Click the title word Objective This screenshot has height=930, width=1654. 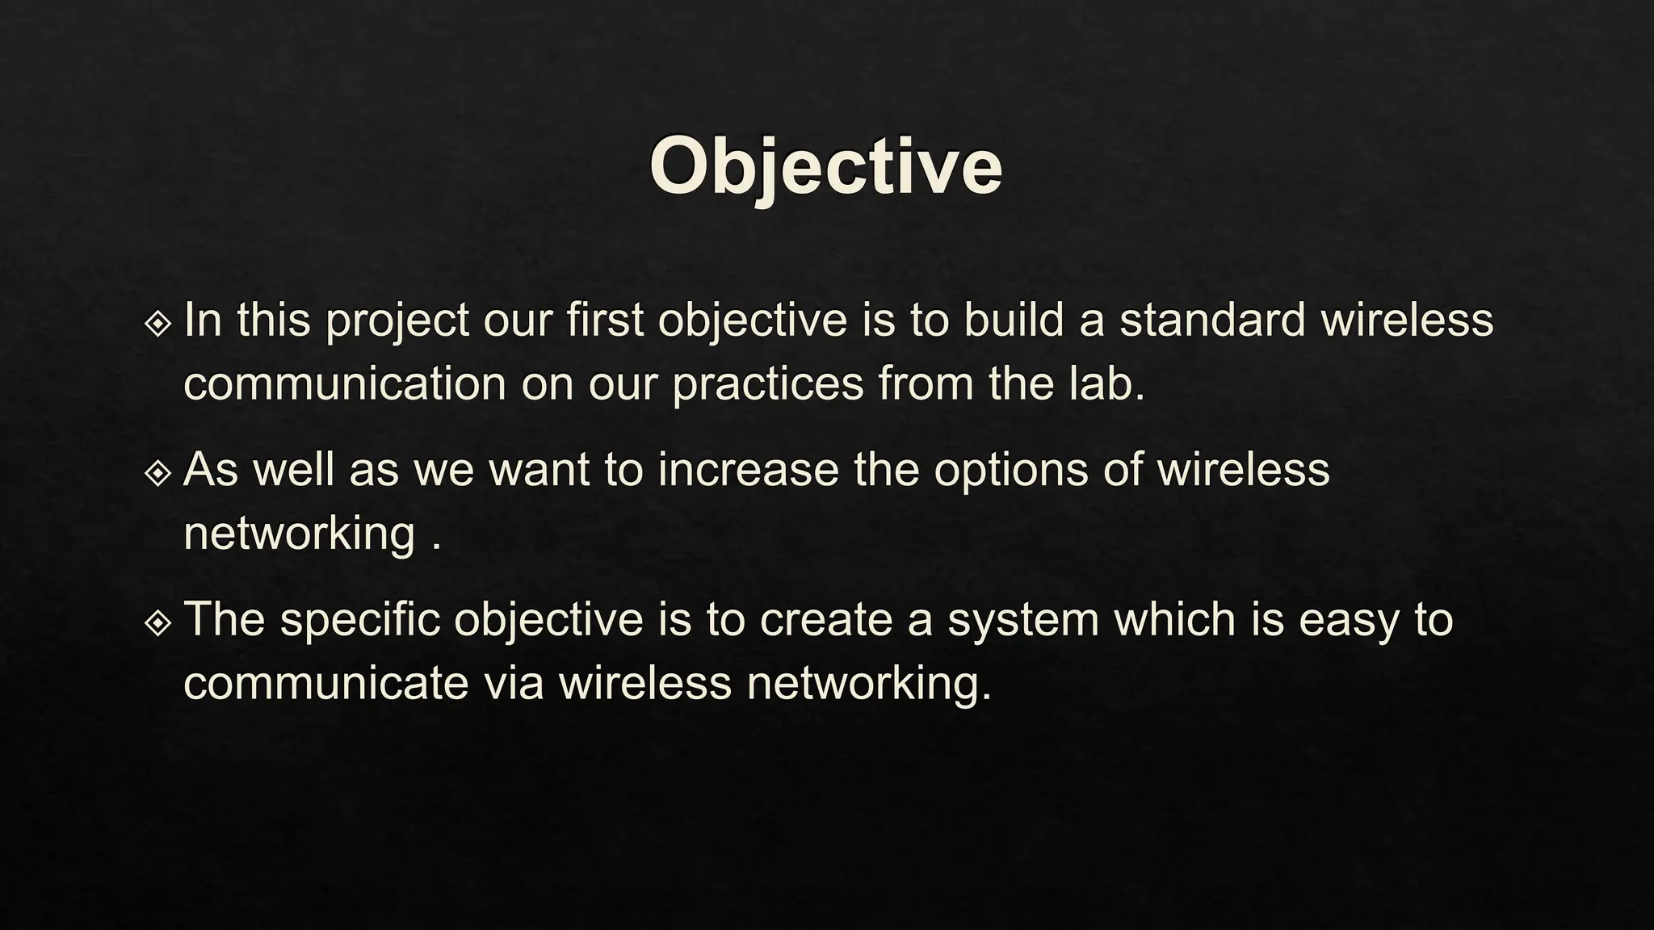(825, 168)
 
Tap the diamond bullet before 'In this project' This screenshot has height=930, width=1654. (157, 324)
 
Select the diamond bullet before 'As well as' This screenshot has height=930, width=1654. (157, 473)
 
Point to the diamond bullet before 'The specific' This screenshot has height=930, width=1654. (157, 622)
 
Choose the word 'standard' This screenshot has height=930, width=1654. (1212, 320)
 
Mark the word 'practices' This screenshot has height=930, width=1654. (768, 385)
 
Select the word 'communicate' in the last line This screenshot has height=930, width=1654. (326, 683)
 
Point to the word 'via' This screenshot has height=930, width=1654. (514, 683)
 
